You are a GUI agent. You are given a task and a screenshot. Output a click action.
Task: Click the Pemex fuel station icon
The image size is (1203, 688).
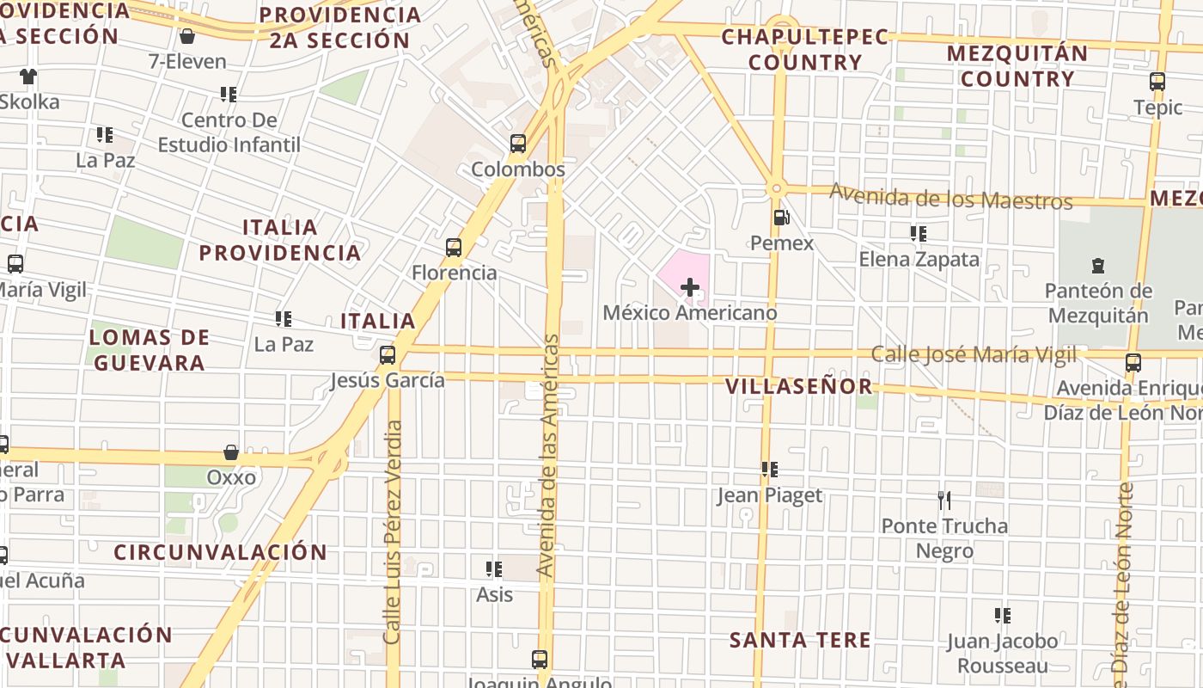pyautogui.click(x=781, y=218)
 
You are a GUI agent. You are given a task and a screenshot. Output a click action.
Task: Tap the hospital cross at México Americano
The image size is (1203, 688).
pyautogui.click(x=689, y=287)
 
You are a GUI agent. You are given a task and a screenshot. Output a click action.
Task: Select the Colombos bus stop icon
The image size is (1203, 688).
pyautogui.click(x=518, y=144)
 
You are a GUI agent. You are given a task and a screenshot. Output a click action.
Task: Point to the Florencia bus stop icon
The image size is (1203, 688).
pyautogui.click(x=454, y=248)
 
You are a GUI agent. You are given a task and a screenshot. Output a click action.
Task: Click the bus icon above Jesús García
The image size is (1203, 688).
pyautogui.click(x=388, y=354)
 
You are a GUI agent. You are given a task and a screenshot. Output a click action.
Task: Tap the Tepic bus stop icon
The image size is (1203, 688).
pyautogui.click(x=1157, y=83)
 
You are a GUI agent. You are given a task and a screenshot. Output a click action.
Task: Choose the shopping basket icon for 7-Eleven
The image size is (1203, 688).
pyautogui.click(x=186, y=36)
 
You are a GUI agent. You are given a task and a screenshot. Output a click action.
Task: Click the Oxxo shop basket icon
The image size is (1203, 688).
pyautogui.click(x=231, y=452)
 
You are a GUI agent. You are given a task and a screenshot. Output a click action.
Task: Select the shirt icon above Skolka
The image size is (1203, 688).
pyautogui.click(x=28, y=77)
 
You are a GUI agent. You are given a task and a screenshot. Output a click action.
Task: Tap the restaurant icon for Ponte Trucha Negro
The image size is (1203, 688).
pyautogui.click(x=943, y=500)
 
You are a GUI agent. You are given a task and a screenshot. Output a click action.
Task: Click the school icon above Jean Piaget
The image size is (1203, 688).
pyautogui.click(x=769, y=470)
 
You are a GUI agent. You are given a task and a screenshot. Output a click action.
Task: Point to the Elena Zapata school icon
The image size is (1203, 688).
pyautogui.click(x=919, y=233)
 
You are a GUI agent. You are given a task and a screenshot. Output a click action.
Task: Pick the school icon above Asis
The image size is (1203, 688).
pyautogui.click(x=494, y=568)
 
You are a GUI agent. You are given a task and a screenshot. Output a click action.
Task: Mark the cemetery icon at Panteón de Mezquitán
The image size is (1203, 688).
pyautogui.click(x=1097, y=265)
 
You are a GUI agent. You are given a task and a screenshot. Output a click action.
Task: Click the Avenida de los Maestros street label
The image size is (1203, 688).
pyautogui.click(x=951, y=197)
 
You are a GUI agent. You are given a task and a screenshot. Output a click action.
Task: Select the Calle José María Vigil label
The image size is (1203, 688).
pyautogui.click(x=974, y=354)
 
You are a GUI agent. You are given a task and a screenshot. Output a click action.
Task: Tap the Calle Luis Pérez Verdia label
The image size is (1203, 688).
pyautogui.click(x=393, y=531)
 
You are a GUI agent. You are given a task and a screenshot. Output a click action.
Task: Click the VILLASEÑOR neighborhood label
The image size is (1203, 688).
pyautogui.click(x=799, y=387)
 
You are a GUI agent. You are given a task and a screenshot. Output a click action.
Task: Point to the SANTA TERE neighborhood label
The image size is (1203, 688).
pyautogui.click(x=800, y=640)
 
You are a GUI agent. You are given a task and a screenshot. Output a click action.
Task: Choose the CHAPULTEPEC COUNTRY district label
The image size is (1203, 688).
pyautogui.click(x=792, y=49)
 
